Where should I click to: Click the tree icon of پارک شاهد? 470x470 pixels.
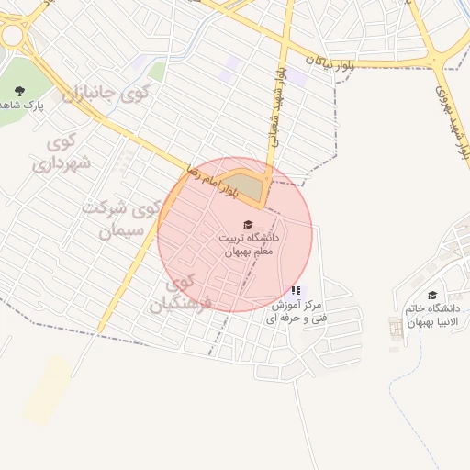pos(20,89)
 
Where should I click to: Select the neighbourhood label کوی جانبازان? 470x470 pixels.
pos(106,92)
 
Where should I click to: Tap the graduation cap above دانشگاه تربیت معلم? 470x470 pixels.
pos(248,224)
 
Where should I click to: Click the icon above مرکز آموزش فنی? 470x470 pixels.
pos(296,291)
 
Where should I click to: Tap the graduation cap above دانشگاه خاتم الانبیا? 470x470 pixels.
pos(432,295)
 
